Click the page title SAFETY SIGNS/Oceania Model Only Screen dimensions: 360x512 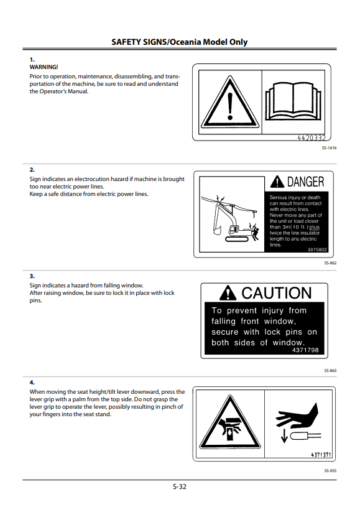[x=180, y=42]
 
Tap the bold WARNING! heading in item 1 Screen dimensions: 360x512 [x=44, y=67]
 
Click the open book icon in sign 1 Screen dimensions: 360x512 [x=293, y=101]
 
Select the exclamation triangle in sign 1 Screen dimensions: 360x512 [x=230, y=102]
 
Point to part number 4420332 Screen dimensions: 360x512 [x=312, y=137]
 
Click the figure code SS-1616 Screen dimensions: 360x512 [x=329, y=148]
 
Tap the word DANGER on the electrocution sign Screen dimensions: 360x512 [x=305, y=182]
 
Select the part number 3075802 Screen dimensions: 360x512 [x=317, y=249]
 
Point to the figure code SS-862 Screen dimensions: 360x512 [x=330, y=263]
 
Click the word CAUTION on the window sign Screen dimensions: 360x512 [x=277, y=293]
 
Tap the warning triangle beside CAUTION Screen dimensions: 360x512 [x=228, y=292]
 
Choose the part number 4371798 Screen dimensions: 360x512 [x=305, y=350]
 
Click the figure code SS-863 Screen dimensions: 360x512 [x=330, y=371]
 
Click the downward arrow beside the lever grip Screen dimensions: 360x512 [x=284, y=435]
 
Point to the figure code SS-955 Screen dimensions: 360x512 [x=330, y=471]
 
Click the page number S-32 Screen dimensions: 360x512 [x=180, y=486]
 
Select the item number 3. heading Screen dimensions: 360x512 [x=32, y=276]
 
